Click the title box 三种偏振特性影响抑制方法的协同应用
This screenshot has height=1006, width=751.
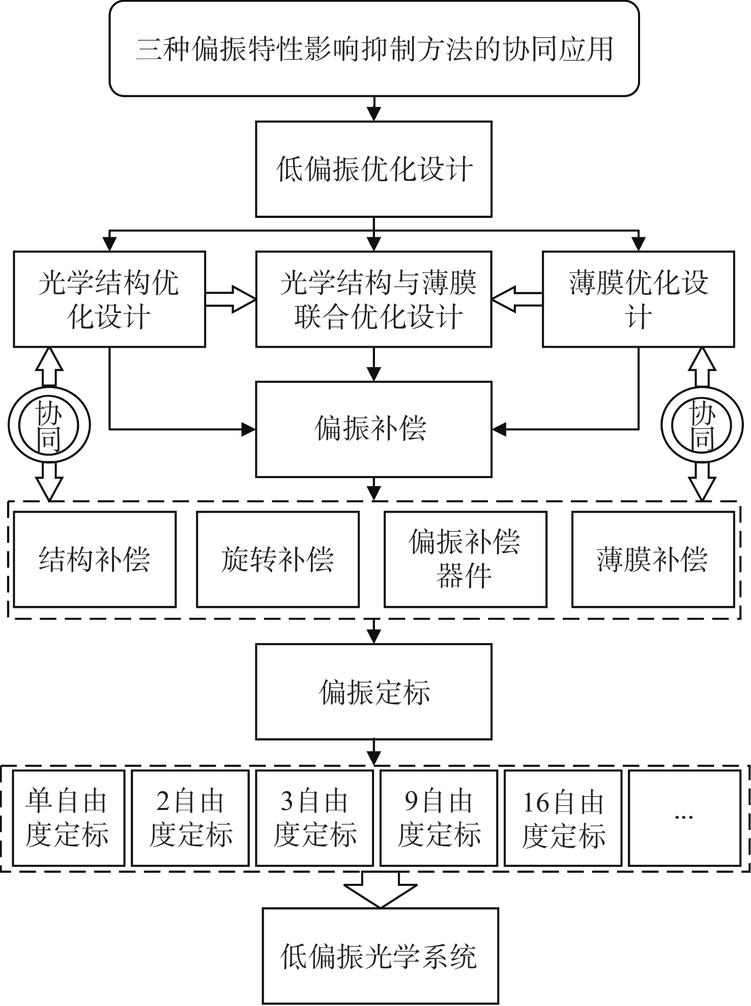tap(374, 48)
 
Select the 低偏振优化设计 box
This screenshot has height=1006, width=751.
tap(373, 169)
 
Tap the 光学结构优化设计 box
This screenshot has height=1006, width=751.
tap(109, 299)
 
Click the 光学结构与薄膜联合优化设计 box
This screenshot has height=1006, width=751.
tap(373, 299)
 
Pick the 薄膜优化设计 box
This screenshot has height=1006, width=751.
tap(638, 299)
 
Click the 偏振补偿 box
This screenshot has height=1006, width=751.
tap(373, 429)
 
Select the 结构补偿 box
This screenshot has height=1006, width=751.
tap(95, 559)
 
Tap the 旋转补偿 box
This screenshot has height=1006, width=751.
tap(278, 559)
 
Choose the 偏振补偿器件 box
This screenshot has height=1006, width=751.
tap(465, 559)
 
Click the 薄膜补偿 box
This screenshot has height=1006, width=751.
tap(653, 559)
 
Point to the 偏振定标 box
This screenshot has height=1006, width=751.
tap(373, 691)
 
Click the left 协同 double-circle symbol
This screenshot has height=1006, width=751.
tap(49, 426)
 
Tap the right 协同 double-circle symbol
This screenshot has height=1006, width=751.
tap(702, 426)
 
